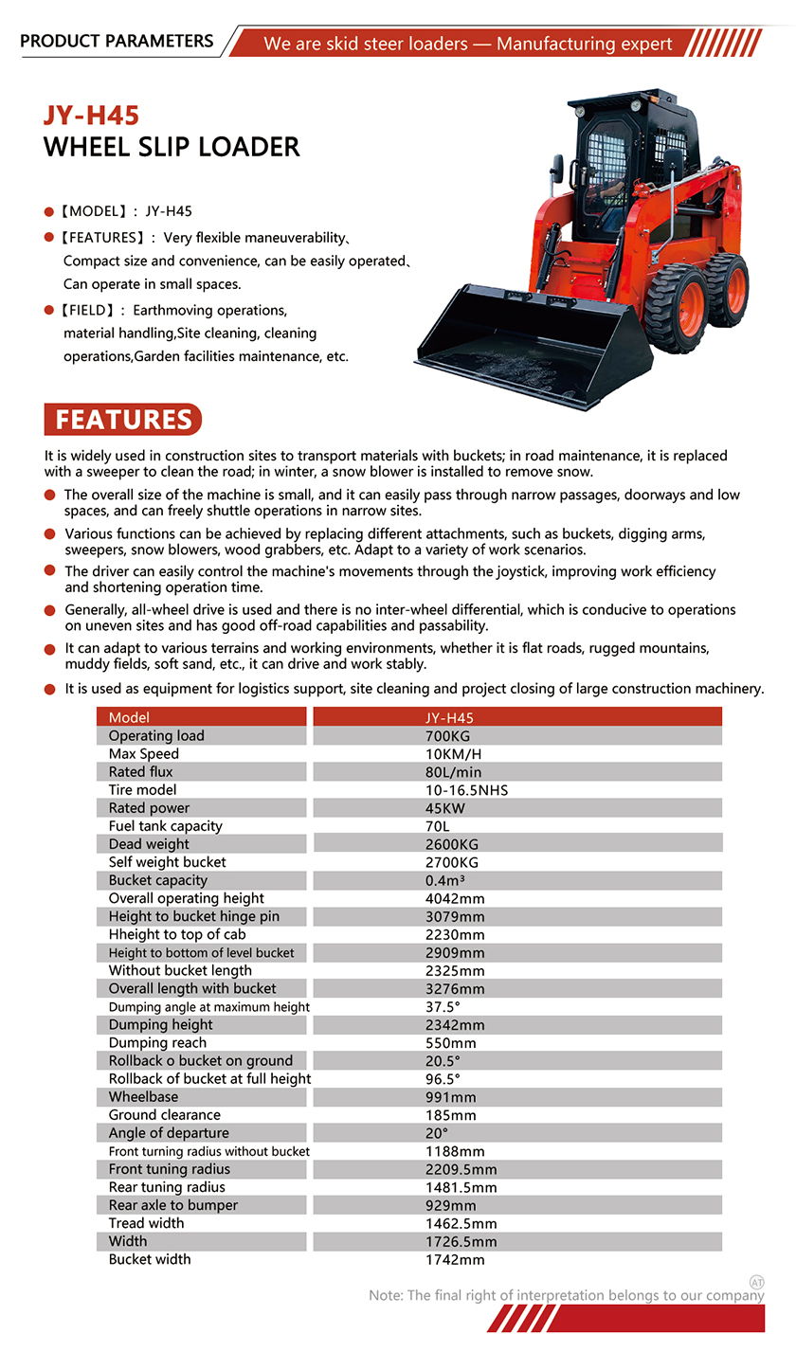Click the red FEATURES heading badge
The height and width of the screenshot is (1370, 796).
[123, 419]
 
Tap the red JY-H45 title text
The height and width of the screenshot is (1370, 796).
[91, 116]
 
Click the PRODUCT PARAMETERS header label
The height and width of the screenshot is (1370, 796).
[117, 41]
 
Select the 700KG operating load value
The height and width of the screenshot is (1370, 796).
[448, 736]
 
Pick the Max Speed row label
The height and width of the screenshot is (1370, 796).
[143, 754]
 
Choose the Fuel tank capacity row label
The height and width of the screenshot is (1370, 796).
[165, 826]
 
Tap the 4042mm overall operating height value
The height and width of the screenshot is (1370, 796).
[455, 898]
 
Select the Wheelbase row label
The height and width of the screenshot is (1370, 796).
[143, 1097]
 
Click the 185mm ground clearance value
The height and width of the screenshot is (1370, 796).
[451, 1115]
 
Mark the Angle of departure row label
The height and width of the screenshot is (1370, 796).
[169, 1133]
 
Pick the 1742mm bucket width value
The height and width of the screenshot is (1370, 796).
[455, 1260]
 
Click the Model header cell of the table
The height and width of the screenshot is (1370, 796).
[129, 718]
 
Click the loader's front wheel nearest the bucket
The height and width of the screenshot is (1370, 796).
[675, 309]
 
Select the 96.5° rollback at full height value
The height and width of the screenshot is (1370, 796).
[443, 1079]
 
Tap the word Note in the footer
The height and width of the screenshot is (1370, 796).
[385, 1295]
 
